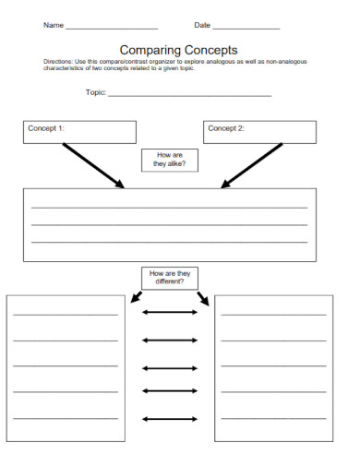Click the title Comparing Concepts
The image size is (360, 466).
(179, 50)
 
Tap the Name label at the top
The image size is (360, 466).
(54, 25)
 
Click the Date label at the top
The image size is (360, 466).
(202, 25)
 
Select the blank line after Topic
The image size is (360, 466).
(190, 95)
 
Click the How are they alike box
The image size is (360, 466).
(170, 160)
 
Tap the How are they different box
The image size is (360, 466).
(170, 278)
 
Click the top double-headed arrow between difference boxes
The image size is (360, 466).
(170, 313)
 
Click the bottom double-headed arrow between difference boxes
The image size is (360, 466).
(170, 419)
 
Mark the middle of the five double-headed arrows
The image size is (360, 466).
(170, 366)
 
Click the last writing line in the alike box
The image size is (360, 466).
(169, 242)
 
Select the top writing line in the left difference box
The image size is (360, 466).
(65, 315)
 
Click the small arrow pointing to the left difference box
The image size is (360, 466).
(136, 297)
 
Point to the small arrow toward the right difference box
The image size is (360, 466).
(203, 299)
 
